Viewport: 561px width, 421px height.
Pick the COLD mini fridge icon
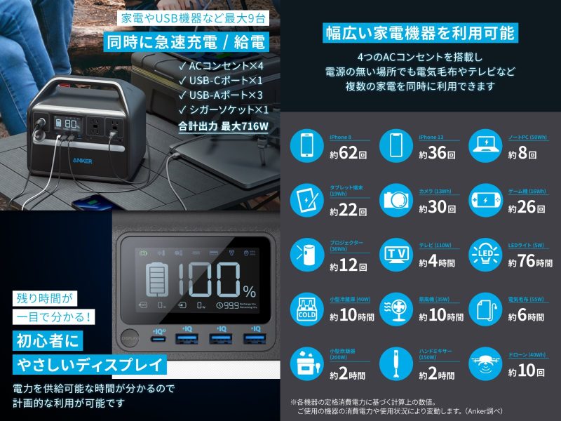tap(307, 308)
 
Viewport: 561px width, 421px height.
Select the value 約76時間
tap(529, 262)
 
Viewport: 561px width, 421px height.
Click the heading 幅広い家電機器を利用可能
tap(419, 32)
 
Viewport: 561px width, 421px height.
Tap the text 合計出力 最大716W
tap(223, 127)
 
